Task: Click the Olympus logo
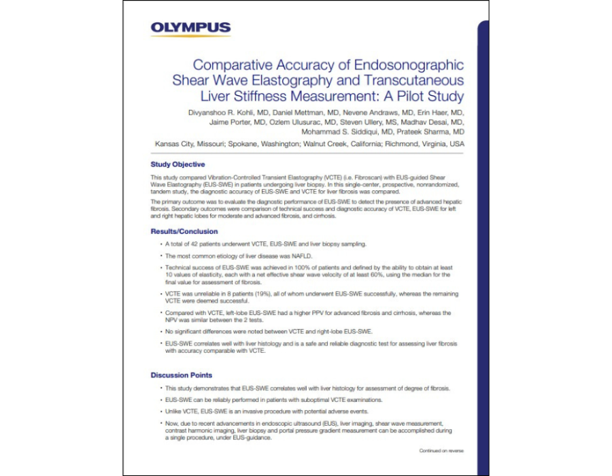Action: point(190,29)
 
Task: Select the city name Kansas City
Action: point(175,144)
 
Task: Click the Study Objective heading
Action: point(177,165)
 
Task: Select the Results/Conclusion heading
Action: point(184,231)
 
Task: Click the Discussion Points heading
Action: point(181,375)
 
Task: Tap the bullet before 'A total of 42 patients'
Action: point(158,243)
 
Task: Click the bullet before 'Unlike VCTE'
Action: point(158,412)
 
